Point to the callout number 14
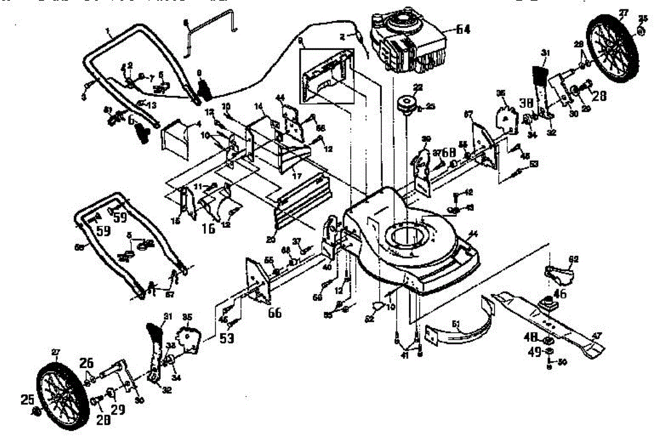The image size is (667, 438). (x=258, y=106)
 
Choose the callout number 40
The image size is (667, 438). (x=328, y=267)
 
